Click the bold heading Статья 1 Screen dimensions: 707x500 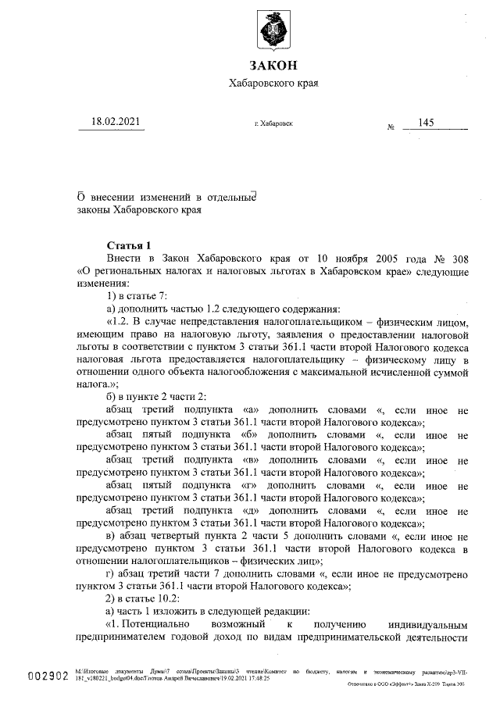pyautogui.click(x=129, y=245)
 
